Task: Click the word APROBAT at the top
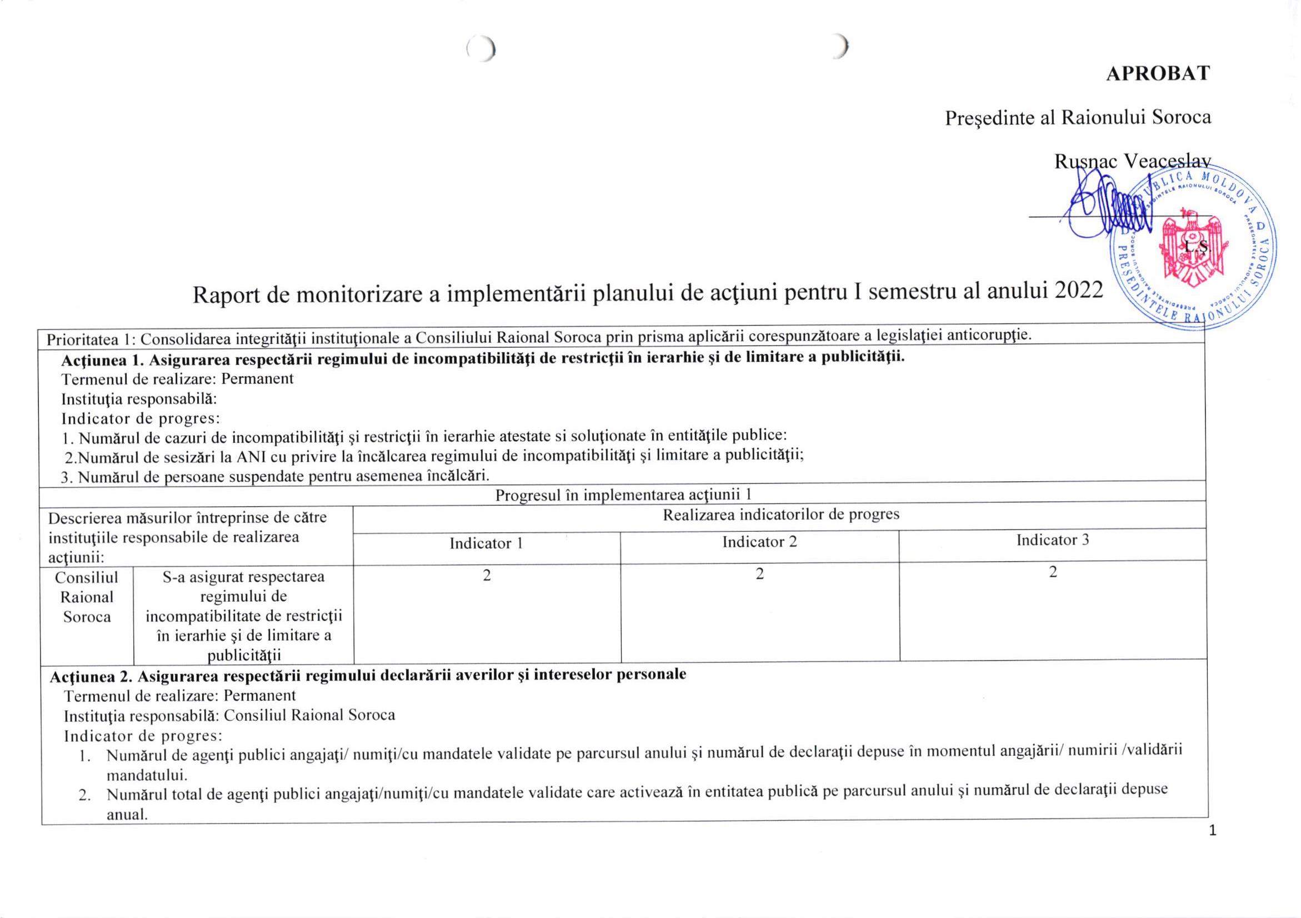click(x=1158, y=74)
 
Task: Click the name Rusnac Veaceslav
click(x=1132, y=162)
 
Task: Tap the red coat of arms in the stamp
click(x=1189, y=250)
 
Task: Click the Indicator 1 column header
click(x=486, y=543)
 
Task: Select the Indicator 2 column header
click(x=759, y=542)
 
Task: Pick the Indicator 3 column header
click(x=1052, y=540)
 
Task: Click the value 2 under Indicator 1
click(x=487, y=576)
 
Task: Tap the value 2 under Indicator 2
click(x=760, y=574)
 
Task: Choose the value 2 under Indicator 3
click(x=1053, y=572)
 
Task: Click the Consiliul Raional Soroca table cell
click(x=87, y=597)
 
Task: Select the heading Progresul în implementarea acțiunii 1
click(x=623, y=495)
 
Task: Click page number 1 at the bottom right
click(x=1212, y=831)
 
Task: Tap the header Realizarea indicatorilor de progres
click(x=781, y=515)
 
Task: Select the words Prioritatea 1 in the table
click(x=91, y=340)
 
